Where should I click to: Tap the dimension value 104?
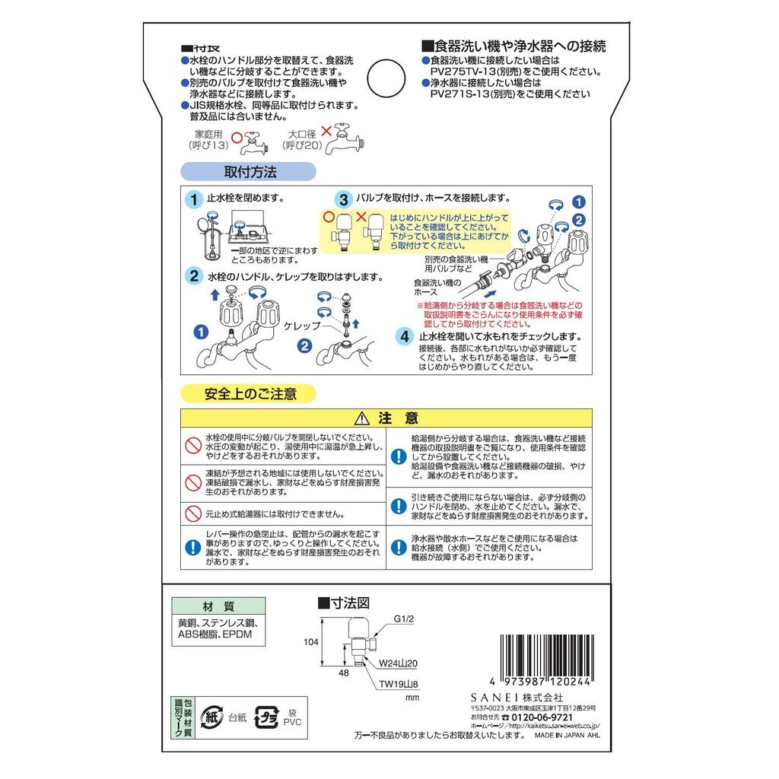tap(310, 641)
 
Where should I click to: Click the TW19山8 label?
tap(400, 683)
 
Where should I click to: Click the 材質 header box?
tap(218, 606)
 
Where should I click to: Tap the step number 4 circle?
tap(406, 336)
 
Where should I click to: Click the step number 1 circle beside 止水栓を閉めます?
tap(195, 199)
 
